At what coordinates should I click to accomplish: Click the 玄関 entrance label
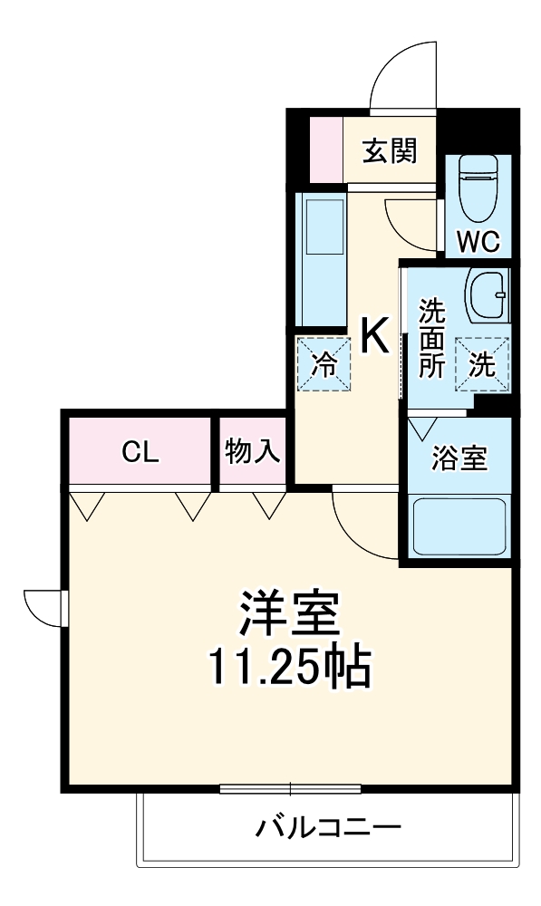pos(390,150)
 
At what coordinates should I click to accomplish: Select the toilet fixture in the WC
pos(477,188)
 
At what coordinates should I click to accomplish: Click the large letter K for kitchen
pos(376,337)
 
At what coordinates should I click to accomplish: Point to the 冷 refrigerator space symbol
pos(324,364)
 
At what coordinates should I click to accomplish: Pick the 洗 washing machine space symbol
pos(481,364)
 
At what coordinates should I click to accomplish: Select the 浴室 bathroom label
pos(459,458)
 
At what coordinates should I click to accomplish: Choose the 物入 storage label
pos(253,451)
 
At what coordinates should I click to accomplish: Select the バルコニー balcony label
pos(327,827)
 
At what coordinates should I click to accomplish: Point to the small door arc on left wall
pos(43,606)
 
